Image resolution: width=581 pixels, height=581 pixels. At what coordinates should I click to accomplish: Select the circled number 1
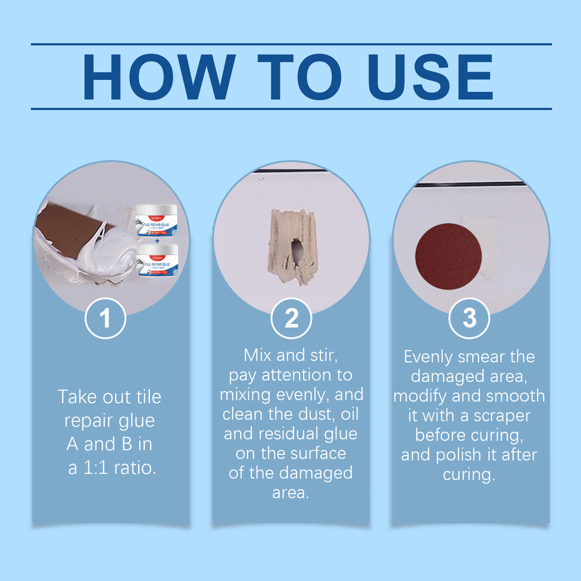(105, 318)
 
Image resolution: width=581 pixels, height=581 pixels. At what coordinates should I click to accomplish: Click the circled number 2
(291, 318)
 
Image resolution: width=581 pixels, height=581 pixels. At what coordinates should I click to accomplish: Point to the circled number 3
(469, 318)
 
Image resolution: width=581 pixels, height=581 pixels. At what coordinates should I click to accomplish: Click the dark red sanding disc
(448, 256)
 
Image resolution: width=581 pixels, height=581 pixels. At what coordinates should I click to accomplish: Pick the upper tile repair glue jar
(156, 221)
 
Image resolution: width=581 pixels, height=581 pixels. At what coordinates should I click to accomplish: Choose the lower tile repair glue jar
(157, 260)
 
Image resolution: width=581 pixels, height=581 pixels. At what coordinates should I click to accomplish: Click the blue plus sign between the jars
(157, 241)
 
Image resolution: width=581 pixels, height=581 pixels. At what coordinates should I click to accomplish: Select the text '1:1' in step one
(96, 468)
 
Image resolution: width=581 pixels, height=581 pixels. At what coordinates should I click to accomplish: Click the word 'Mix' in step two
(258, 356)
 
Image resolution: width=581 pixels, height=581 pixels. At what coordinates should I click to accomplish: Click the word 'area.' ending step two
(290, 493)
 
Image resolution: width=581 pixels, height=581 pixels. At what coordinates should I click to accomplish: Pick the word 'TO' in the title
(300, 77)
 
